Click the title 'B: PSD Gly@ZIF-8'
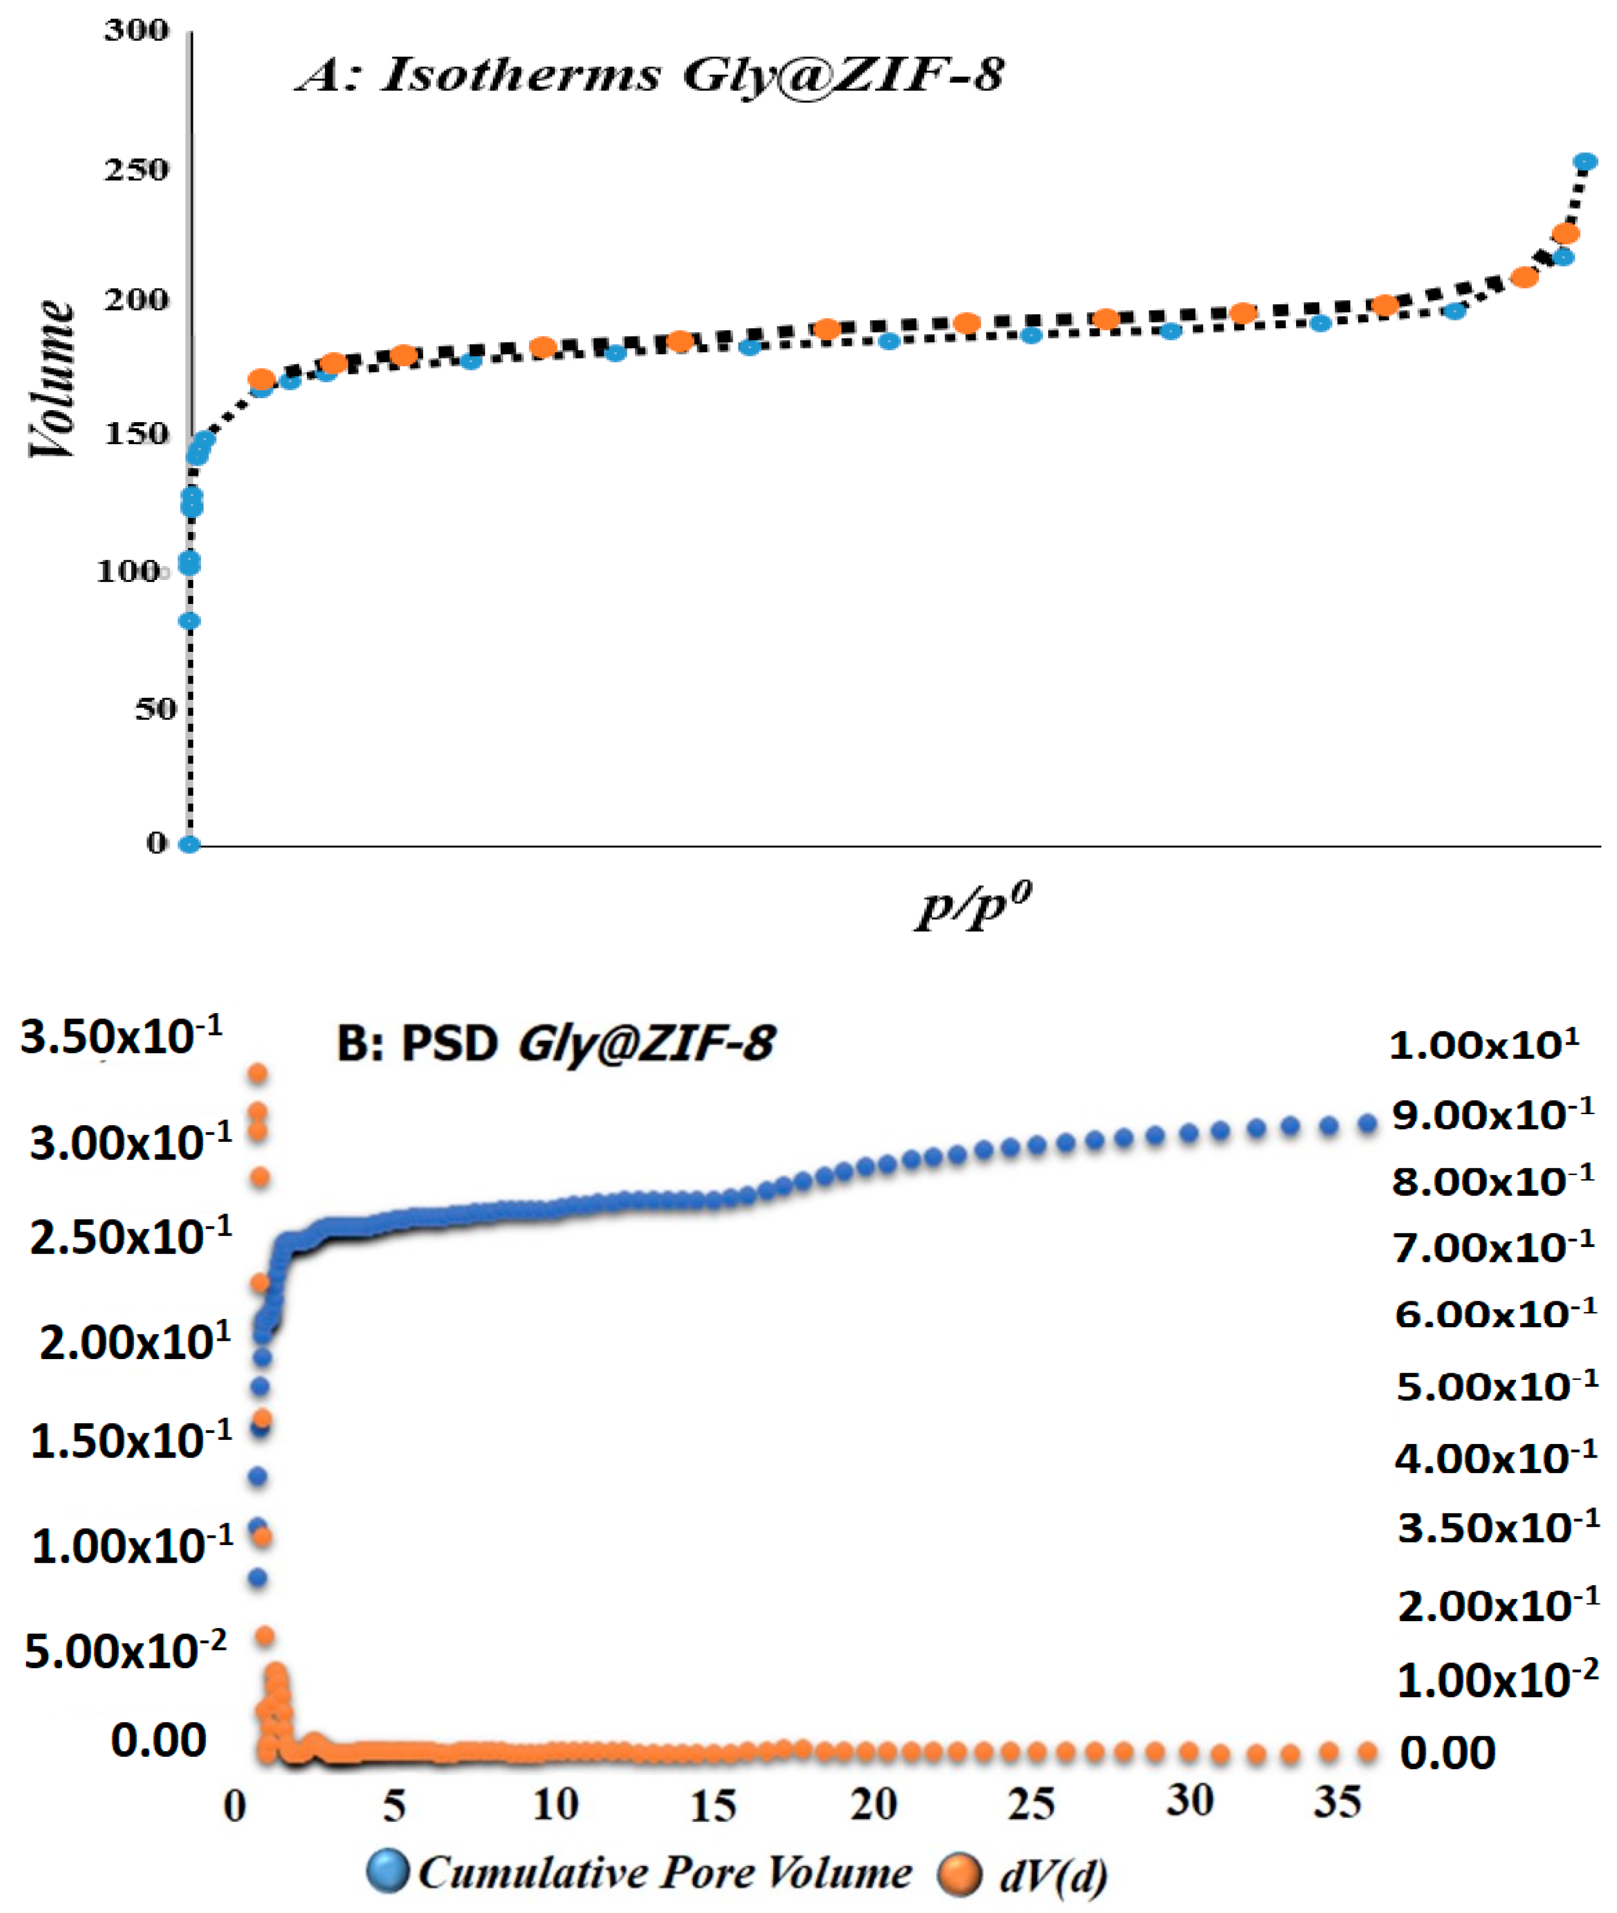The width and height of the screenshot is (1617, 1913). point(555,1043)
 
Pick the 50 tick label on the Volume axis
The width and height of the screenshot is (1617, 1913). point(155,708)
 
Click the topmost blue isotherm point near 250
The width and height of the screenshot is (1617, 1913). point(1585,162)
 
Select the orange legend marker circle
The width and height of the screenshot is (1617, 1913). point(960,1873)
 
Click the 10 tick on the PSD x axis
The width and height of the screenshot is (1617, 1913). point(555,1805)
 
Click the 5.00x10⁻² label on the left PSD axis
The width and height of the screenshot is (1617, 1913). point(125,1651)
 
